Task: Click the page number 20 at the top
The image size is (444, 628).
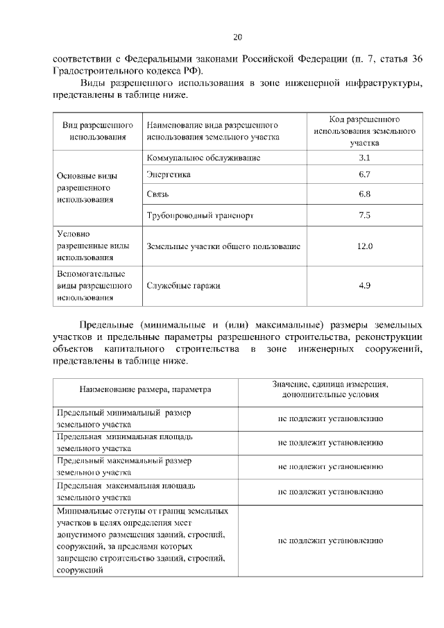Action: click(237, 37)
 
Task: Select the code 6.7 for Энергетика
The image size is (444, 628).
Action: click(364, 175)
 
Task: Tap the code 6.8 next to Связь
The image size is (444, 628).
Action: click(364, 194)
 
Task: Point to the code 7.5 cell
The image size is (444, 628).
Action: click(364, 216)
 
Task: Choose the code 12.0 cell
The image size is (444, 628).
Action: click(364, 246)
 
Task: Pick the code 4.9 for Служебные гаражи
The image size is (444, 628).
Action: click(364, 285)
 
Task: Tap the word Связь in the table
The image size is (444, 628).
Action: click(158, 194)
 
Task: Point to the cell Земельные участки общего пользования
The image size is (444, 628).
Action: click(223, 246)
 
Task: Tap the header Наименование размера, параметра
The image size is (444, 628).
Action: click(145, 389)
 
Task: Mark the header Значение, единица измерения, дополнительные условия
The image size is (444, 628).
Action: click(330, 389)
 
